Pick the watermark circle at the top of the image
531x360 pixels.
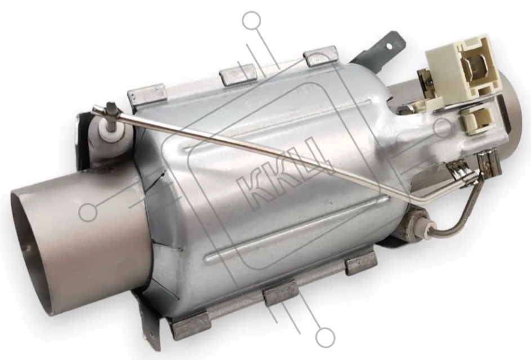pyautogui.click(x=252, y=21)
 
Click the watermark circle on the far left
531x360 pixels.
pyautogui.click(x=88, y=212)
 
